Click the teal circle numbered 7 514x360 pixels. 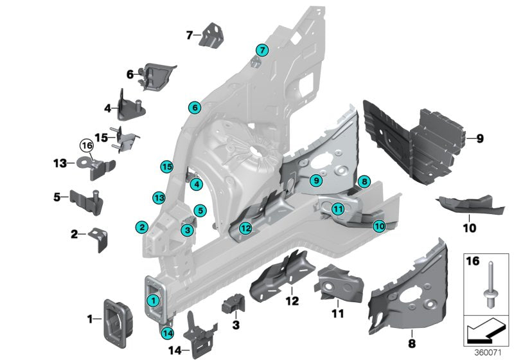click(x=261, y=50)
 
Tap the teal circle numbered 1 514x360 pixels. click(x=153, y=300)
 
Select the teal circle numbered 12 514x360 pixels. click(x=245, y=228)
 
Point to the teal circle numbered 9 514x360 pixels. click(x=315, y=181)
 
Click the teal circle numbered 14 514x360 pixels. click(x=168, y=333)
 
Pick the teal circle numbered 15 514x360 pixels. click(x=166, y=166)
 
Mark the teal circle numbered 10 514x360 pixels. click(x=379, y=226)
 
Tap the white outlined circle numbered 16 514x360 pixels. click(x=87, y=147)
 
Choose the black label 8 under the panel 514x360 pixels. click(x=412, y=334)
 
